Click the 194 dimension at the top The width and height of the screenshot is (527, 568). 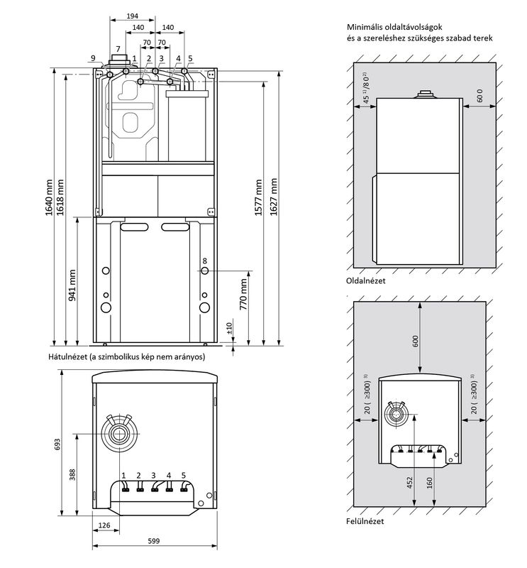coord(133,16)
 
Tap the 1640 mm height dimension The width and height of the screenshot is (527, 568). coord(49,197)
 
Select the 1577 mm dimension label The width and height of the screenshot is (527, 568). coord(258,197)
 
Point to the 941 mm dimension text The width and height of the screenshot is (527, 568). coord(72,285)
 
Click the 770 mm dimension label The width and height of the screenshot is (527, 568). coord(243,294)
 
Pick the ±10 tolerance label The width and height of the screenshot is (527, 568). coord(229,328)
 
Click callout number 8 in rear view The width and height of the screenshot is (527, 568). coord(205,261)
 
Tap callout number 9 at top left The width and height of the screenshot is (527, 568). coord(93,58)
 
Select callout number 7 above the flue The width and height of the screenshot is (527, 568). coord(118,49)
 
